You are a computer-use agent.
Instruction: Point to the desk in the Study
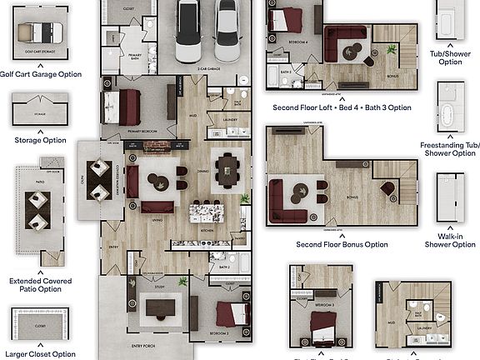[x=160, y=309]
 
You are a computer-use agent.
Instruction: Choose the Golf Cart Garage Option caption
[x=41, y=74]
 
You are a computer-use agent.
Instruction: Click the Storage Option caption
[x=41, y=141]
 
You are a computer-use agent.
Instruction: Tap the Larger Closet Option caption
[x=41, y=354]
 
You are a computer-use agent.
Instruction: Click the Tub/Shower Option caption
[x=450, y=57]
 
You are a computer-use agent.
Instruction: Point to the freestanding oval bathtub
[x=448, y=115]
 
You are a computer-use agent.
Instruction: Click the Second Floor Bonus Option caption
[x=342, y=245]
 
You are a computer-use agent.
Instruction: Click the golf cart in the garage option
[x=38, y=32]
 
